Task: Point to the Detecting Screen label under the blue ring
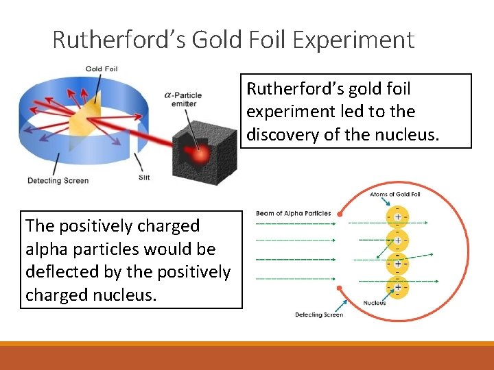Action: coord(58,181)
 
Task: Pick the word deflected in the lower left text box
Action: coord(60,271)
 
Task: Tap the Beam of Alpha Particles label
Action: coord(293,214)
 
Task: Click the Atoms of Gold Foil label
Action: coord(395,194)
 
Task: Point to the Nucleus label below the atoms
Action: coord(375,303)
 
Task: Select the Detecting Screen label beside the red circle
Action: coord(319,314)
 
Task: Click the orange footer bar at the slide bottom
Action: coord(247,356)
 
